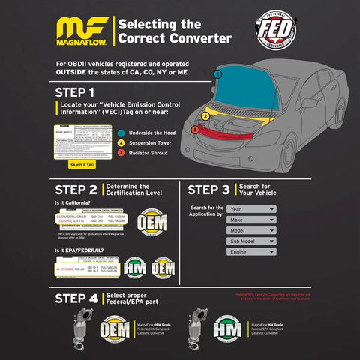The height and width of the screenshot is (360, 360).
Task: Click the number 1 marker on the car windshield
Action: click(x=217, y=74)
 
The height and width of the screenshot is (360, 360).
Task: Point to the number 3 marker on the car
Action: click(x=194, y=130)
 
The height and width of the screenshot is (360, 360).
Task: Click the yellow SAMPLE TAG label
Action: click(x=82, y=164)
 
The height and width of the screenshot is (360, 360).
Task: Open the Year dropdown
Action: click(x=251, y=209)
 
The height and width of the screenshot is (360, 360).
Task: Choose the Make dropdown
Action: click(x=251, y=220)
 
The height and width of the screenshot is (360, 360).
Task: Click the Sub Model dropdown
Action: click(x=251, y=241)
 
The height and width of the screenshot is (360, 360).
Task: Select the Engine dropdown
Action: click(x=251, y=252)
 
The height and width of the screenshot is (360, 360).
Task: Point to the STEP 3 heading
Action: click(x=214, y=190)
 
